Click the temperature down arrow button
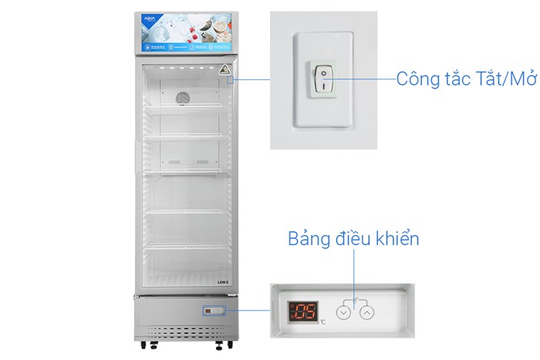click(x=344, y=313)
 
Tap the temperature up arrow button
click(x=367, y=313)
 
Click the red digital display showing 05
click(x=302, y=311)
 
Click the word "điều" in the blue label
click(x=354, y=239)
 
